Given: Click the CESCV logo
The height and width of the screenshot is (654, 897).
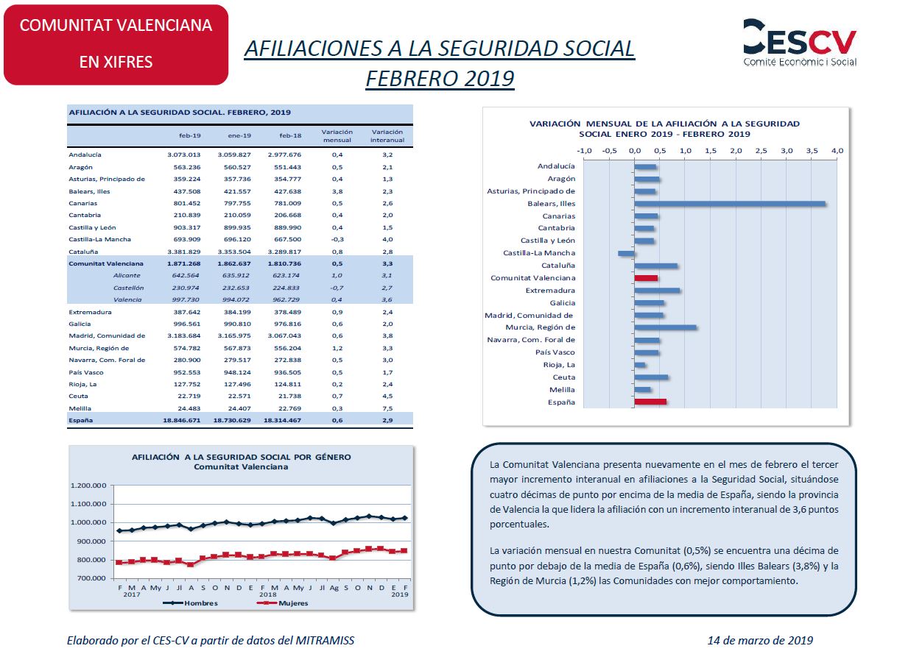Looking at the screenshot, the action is tap(800, 43).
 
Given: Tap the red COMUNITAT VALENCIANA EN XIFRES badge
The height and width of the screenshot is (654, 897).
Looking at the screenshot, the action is tap(116, 45).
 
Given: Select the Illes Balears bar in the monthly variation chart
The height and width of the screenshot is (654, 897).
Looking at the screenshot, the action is tap(730, 204).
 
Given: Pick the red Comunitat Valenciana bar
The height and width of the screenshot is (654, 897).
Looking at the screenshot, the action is tap(646, 278).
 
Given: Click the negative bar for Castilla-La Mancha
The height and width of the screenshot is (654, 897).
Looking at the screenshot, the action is tap(626, 254).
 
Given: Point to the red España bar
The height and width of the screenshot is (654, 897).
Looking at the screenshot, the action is tap(650, 402).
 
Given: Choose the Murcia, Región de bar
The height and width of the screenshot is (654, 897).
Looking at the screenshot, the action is tap(666, 327).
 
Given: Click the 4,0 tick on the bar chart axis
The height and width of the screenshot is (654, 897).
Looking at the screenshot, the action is tap(837, 151).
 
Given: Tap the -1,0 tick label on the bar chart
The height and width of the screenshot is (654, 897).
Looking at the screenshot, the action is tap(584, 151).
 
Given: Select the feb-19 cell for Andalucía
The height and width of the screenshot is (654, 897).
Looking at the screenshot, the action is tap(184, 154).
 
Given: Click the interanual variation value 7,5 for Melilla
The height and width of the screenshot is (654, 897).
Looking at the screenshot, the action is tap(387, 408).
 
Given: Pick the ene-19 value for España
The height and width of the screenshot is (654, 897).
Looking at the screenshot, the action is tap(232, 420).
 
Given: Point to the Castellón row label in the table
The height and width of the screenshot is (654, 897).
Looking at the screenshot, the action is tap(128, 288).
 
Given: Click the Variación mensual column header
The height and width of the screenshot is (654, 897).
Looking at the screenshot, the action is tap(337, 136).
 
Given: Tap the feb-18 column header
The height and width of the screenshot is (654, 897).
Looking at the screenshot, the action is tap(290, 136).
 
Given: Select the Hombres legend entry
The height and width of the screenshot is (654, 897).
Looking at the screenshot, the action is tap(191, 603).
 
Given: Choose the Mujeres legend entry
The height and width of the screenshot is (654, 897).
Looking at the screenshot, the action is tap(282, 603).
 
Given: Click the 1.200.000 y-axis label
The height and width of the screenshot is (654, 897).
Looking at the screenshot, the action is tap(88, 486).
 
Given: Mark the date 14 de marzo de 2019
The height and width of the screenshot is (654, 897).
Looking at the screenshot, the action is tap(760, 641).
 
